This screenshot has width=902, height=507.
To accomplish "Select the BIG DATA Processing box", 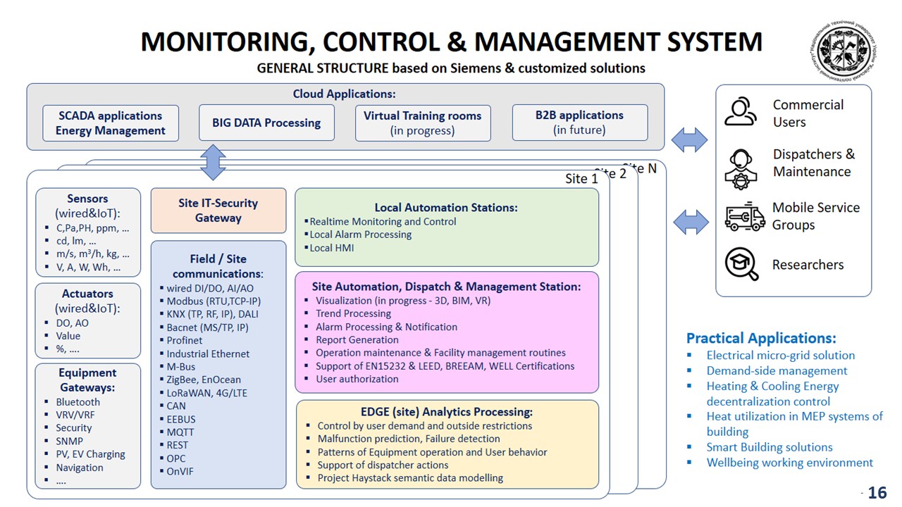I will pos(266,123).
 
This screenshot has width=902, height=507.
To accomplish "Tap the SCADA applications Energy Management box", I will pos(111,123).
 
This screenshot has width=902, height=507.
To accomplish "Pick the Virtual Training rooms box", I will pos(423,123).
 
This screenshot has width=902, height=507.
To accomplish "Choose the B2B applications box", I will pos(579,123).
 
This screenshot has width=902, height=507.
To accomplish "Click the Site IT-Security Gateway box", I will pos(218,211).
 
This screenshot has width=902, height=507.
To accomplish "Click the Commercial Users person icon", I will pos(741,113).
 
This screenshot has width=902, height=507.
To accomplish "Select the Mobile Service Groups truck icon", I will pos(745,217).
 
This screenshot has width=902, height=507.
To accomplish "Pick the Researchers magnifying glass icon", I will pos(742,265).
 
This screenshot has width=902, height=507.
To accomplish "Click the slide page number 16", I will pos(877,493).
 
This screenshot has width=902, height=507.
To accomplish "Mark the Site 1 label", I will pos(581,179).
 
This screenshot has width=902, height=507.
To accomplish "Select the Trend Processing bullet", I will pos(353,313).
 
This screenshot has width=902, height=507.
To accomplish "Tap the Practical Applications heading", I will pos(761,338).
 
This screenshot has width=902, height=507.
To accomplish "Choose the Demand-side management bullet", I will pos(777,371).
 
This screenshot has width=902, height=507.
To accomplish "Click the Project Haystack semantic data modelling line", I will pos(410,478).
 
